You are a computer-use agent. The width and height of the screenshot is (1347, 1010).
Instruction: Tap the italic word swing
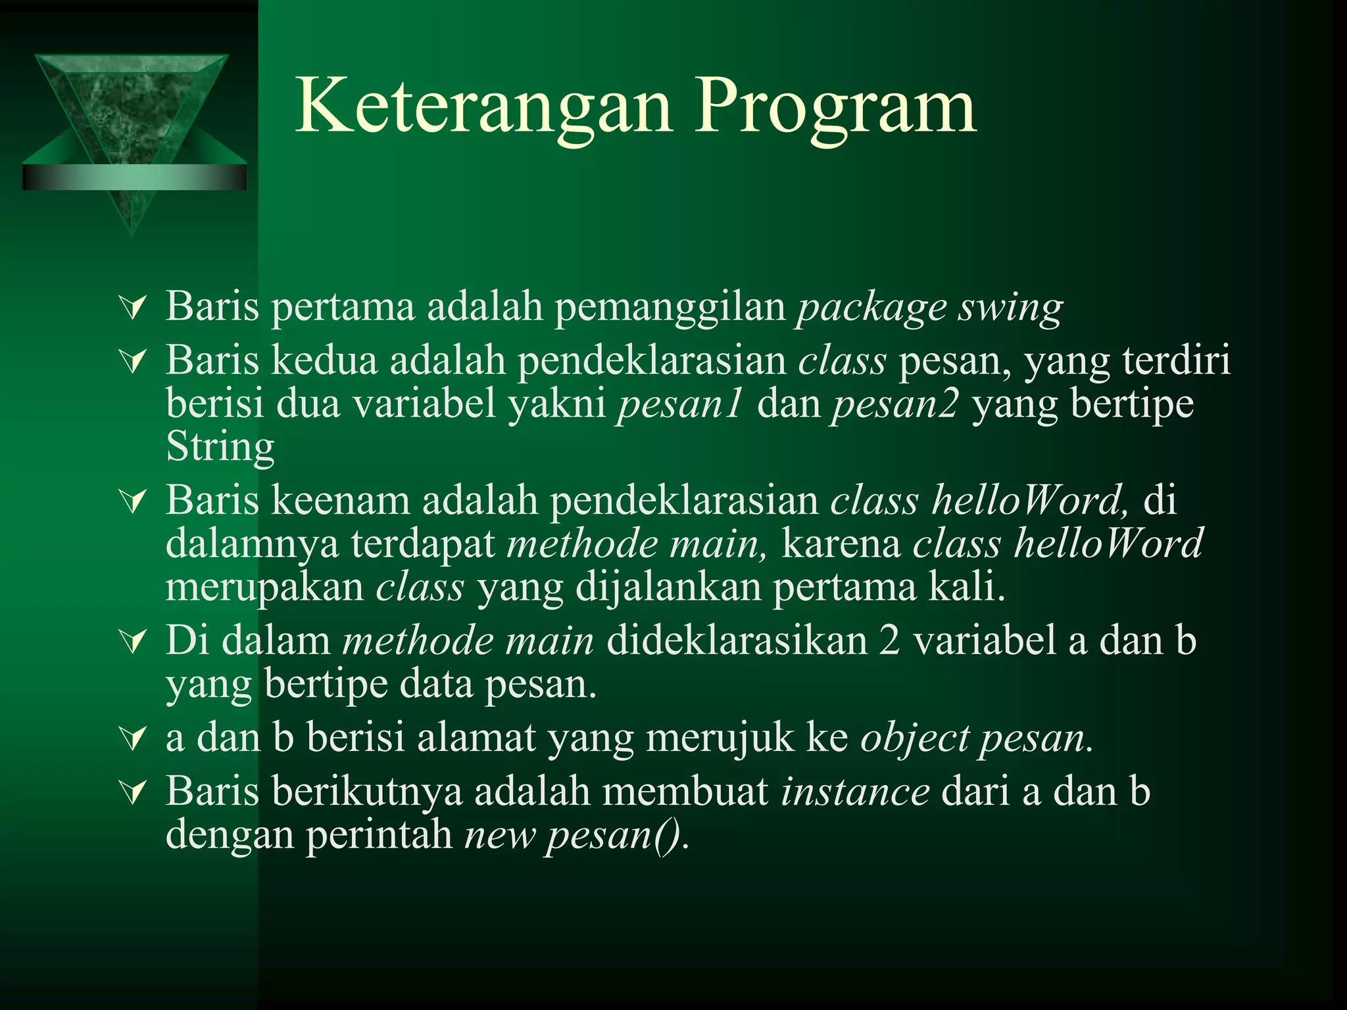click(1010, 308)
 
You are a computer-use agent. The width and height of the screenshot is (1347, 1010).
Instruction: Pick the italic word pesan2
click(896, 404)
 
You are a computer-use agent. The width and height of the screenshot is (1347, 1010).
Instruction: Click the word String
click(220, 447)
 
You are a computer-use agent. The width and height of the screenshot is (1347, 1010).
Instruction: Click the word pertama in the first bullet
click(343, 308)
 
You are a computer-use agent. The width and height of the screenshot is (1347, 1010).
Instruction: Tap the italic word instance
click(855, 792)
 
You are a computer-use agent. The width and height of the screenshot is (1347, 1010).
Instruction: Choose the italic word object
click(915, 738)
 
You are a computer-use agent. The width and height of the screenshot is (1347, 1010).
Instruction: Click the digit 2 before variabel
click(889, 640)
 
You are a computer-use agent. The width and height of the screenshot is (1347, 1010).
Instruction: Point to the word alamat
click(476, 738)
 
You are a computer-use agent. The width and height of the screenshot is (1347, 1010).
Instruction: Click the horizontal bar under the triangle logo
click(134, 178)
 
